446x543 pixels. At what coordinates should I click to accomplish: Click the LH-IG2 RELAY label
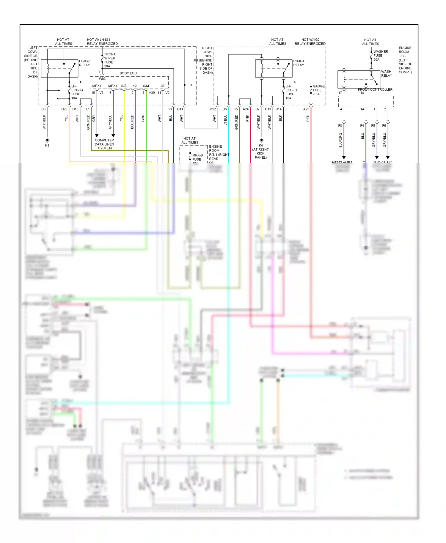[84, 63]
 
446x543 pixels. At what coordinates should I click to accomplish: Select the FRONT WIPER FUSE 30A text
[109, 60]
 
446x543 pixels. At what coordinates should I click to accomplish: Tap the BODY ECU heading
[128, 73]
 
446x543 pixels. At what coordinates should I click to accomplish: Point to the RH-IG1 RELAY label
[299, 63]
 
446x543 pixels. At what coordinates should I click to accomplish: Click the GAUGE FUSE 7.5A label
[318, 90]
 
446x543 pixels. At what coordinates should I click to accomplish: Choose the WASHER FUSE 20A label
[380, 56]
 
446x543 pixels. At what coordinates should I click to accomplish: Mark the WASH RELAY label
[386, 73]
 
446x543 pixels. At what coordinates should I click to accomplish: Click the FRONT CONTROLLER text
[375, 89]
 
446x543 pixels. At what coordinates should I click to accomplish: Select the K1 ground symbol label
[47, 146]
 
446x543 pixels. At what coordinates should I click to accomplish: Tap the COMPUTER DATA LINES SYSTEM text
[104, 144]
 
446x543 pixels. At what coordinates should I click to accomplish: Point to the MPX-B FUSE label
[197, 157]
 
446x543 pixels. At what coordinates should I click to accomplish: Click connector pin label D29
[64, 109]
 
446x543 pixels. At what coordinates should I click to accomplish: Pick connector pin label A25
[306, 109]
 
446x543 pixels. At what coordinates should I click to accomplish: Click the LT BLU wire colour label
[225, 120]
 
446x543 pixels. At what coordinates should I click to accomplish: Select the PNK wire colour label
[247, 118]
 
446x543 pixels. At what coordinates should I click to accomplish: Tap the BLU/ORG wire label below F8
[341, 140]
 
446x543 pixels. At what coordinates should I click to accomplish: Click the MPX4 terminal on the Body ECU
[112, 86]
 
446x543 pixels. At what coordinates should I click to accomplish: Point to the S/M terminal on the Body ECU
[146, 86]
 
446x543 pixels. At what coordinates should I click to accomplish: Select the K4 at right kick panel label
[260, 151]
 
